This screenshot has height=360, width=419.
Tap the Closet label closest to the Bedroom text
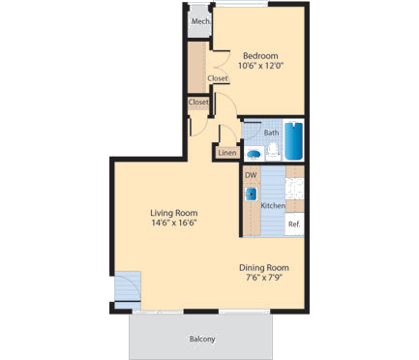pos(218,79)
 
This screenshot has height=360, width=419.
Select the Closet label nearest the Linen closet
pos(198,102)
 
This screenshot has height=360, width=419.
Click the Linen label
pos(226,153)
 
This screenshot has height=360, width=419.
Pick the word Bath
pos(271,133)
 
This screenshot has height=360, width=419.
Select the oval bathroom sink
pos(253,153)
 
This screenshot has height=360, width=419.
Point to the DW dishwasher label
pos(250,175)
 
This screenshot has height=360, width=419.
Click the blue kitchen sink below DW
pos(250,192)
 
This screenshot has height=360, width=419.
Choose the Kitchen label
pos(273,205)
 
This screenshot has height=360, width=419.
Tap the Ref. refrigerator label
pos(295,224)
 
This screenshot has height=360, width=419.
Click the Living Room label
pos(173,213)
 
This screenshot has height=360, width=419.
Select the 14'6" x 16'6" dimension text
pos(173,224)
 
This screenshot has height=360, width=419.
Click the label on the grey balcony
pos(201,339)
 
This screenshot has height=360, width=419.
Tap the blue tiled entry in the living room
pos(129,288)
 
